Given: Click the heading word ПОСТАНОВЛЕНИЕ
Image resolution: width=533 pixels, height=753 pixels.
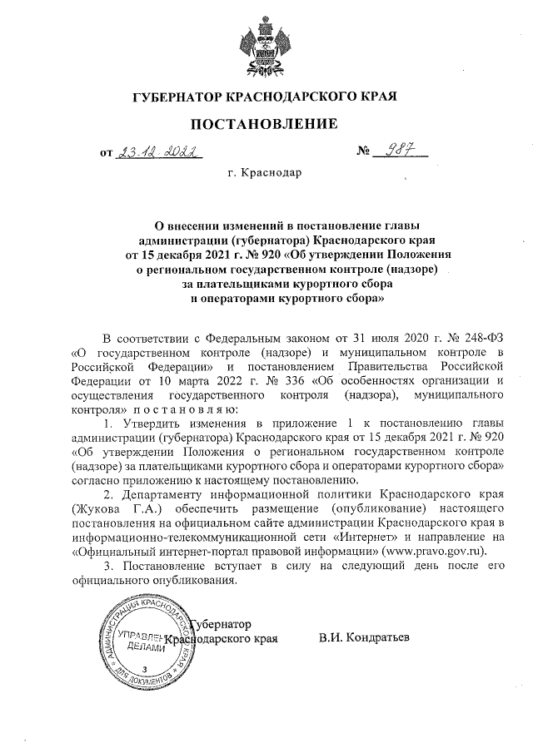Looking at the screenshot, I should (x=266, y=125).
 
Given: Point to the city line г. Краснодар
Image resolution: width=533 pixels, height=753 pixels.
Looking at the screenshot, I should (x=265, y=174).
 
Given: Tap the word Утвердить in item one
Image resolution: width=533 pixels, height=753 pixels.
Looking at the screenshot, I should (x=147, y=424).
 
